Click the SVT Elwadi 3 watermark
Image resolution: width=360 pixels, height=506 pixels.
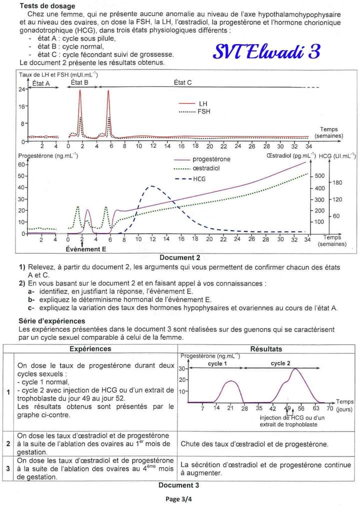pyautogui.click(x=266, y=51)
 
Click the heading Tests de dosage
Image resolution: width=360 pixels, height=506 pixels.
pyautogui.click(x=47, y=6)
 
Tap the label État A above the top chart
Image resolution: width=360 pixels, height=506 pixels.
pyautogui.click(x=40, y=83)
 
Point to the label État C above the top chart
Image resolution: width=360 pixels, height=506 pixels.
pyautogui.click(x=182, y=83)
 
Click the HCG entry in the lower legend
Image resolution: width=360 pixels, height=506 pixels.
pyautogui.click(x=199, y=178)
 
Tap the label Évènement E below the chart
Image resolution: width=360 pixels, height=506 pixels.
pyautogui.click(x=86, y=249)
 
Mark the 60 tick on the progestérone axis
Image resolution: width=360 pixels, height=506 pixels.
pyautogui.click(x=21, y=164)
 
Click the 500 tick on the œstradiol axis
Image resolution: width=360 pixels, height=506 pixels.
pyautogui.click(x=319, y=176)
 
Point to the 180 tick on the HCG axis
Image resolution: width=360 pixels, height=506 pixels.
pyautogui.click(x=337, y=182)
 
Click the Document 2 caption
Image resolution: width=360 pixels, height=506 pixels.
pyautogui.click(x=179, y=258)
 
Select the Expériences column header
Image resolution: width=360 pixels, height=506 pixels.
pyautogui.click(x=90, y=348)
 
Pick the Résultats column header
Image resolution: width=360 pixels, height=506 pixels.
pyautogui.click(x=266, y=349)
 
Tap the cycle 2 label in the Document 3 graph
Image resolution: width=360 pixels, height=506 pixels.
pyautogui.click(x=280, y=363)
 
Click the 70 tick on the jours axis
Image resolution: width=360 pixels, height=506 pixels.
pyautogui.click(x=329, y=408)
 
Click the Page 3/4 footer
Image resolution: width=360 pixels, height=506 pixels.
pyautogui.click(x=179, y=498)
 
